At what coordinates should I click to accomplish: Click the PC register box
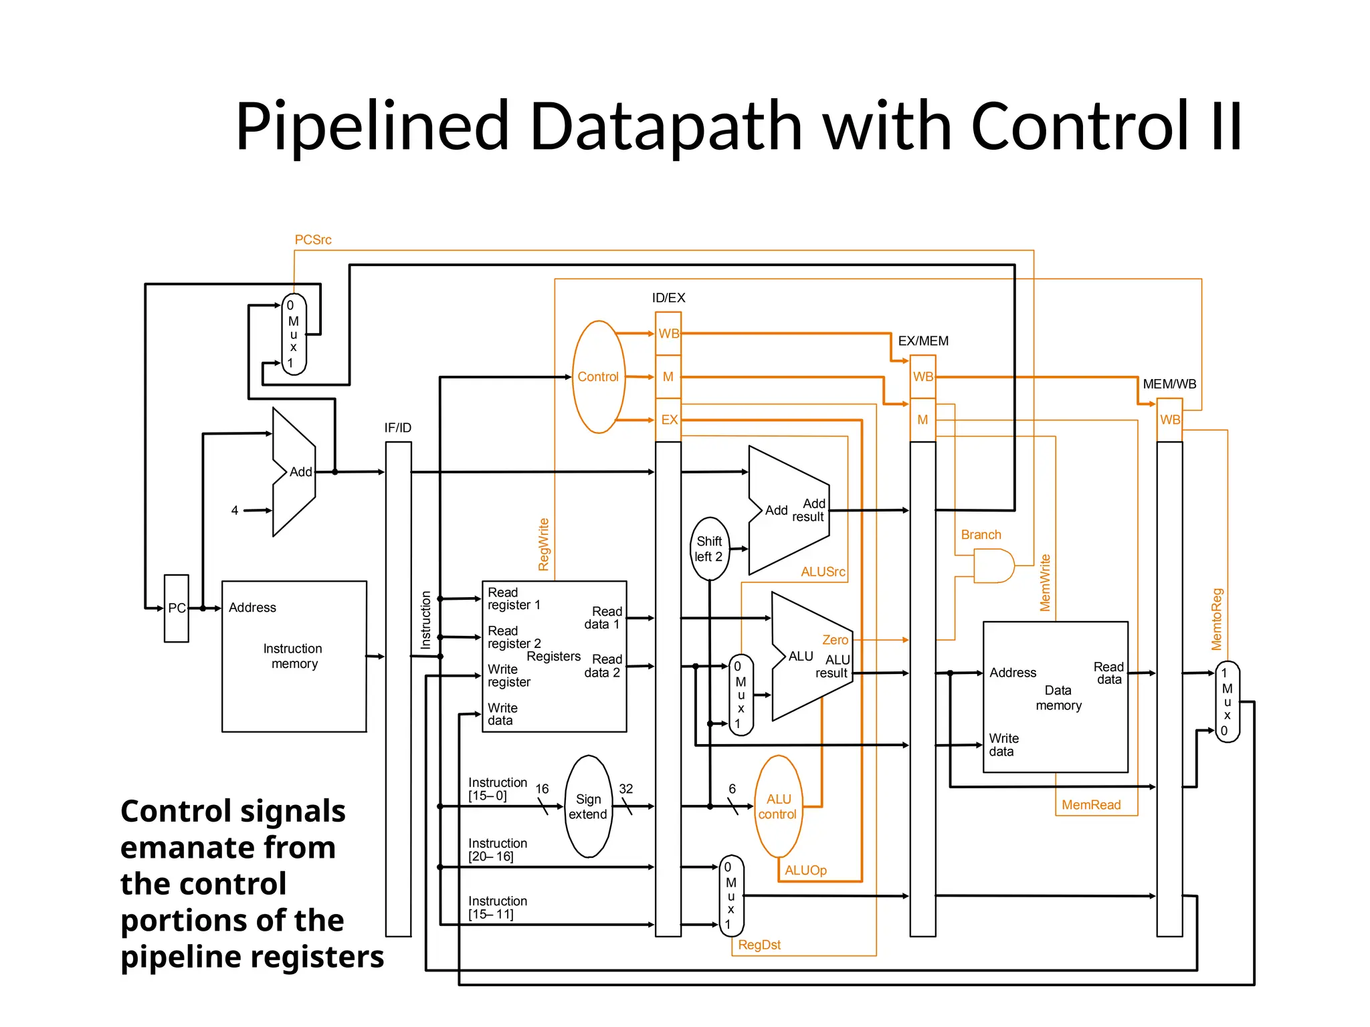point(177,608)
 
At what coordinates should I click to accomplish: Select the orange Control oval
point(598,377)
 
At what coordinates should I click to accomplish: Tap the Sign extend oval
point(588,806)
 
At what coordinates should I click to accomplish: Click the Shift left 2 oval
point(709,548)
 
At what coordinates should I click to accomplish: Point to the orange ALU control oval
point(778,806)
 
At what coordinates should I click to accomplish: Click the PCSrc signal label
point(313,239)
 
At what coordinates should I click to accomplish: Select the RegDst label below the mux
point(759,945)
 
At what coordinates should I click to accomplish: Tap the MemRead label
point(1091,805)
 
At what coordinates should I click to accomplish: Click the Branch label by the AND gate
point(981,535)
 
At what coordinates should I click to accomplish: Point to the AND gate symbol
point(993,566)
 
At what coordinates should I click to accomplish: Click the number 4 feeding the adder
point(235,510)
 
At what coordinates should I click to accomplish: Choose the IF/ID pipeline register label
point(398,427)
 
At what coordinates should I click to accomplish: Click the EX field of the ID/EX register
point(669,420)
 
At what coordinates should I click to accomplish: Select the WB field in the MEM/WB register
point(1170,420)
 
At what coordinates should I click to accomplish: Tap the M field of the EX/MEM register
point(922,420)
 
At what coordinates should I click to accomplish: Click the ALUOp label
point(805,870)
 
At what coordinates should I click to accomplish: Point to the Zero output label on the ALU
point(835,640)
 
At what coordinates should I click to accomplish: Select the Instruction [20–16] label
point(498,850)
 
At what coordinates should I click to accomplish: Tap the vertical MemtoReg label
point(1217,619)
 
